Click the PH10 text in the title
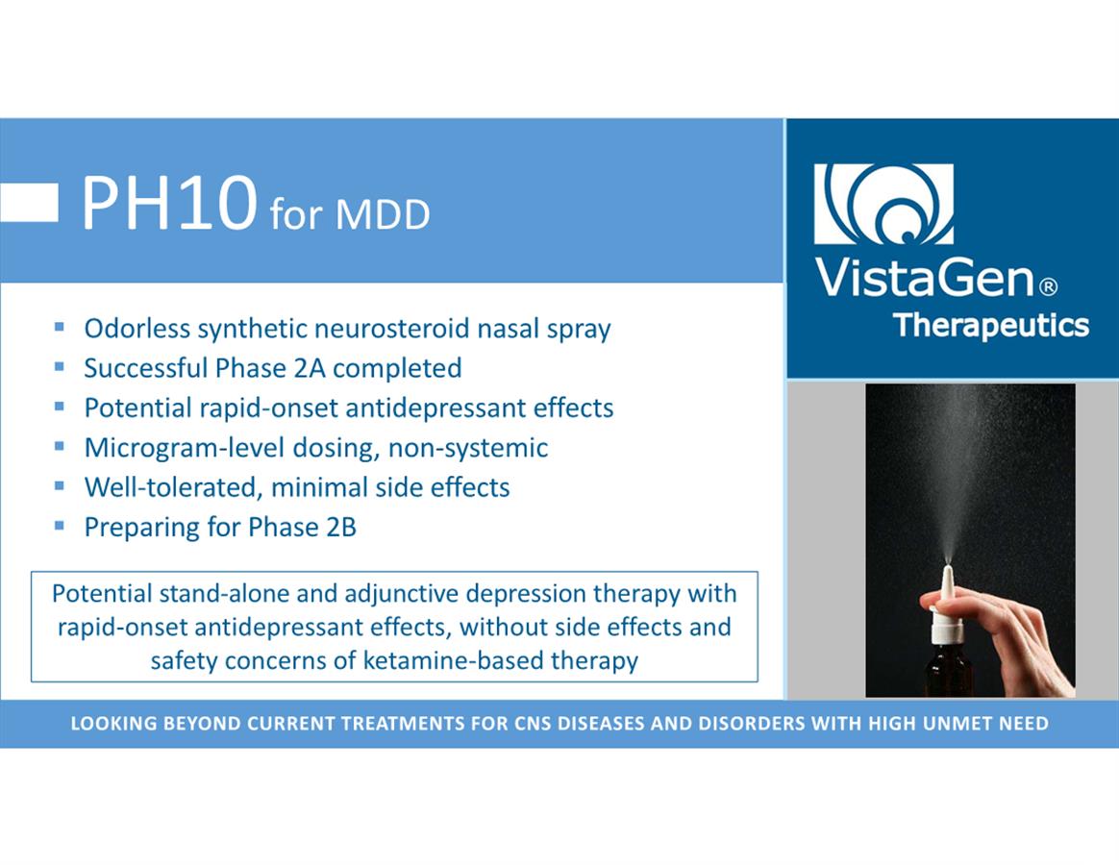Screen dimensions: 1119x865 [x=169, y=203]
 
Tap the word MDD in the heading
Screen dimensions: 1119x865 [x=383, y=214]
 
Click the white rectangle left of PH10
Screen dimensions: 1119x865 [x=29, y=202]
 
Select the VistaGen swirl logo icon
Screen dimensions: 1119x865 [x=883, y=204]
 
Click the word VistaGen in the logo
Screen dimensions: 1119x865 [x=924, y=278]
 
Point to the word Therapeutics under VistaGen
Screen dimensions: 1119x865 [x=991, y=326]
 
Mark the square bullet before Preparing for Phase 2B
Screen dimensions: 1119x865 [x=60, y=526]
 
